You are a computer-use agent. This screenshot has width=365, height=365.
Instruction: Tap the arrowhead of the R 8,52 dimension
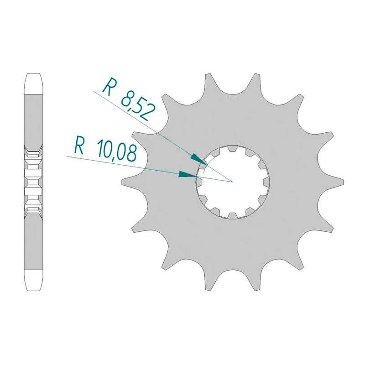pos(198,160)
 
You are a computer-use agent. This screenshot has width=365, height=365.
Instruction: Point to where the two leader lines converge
pos(233,182)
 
